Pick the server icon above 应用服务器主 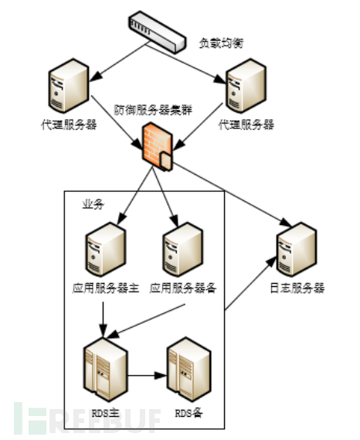(104, 251)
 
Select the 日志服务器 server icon (295, 248)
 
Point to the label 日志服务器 (297, 288)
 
